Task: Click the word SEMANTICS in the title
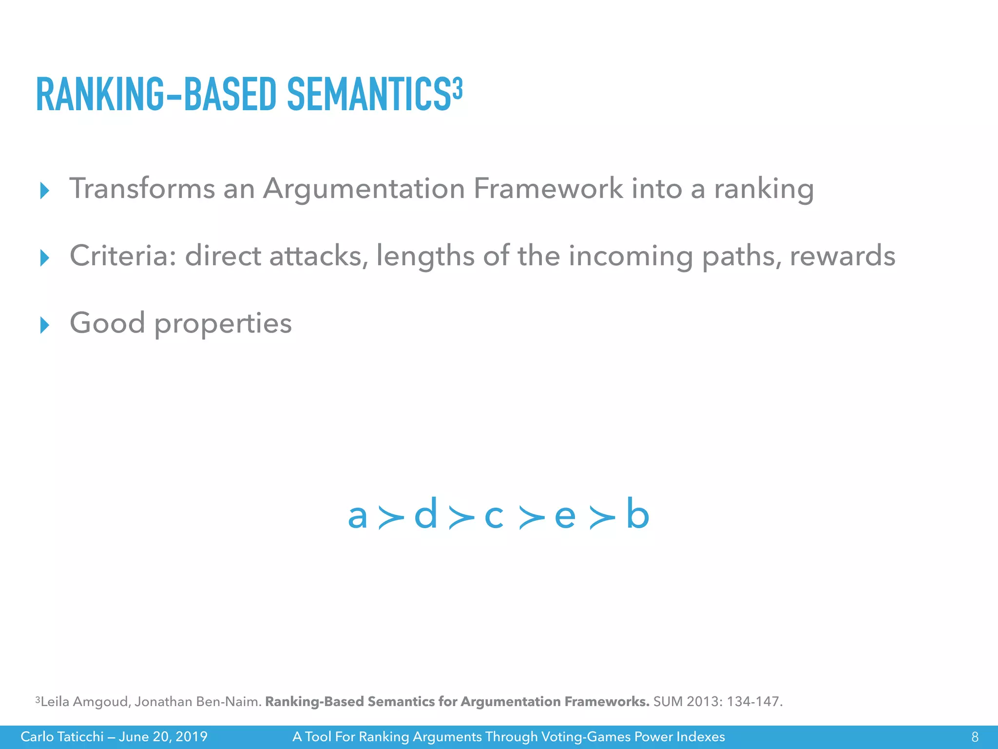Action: [368, 95]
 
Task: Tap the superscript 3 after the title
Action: [457, 88]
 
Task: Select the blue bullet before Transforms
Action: [44, 190]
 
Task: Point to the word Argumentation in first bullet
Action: [364, 189]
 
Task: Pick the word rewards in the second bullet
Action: [842, 256]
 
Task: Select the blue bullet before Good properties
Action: [44, 325]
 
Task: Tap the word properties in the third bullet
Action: [223, 324]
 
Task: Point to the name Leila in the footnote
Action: [55, 702]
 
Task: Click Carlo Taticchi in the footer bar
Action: [62, 736]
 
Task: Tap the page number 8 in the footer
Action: [975, 737]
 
